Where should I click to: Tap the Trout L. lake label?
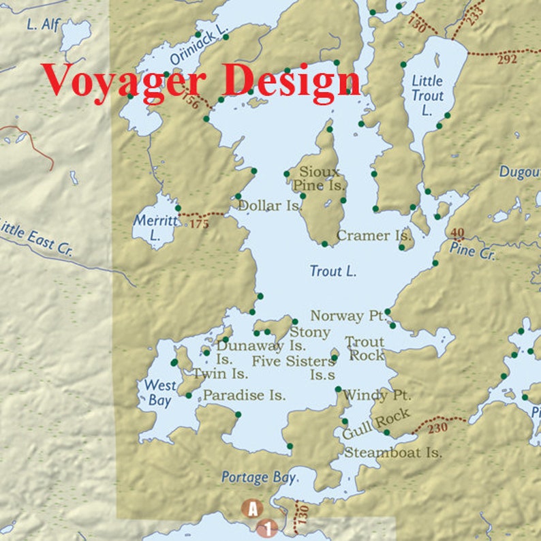[x=333, y=271]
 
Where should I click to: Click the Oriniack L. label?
[x=198, y=48]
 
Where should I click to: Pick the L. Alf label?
[x=43, y=25]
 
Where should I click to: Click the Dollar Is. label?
[x=270, y=205]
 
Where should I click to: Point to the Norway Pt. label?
[x=347, y=316]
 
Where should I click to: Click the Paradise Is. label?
[x=244, y=395]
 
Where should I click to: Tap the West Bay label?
[x=159, y=393]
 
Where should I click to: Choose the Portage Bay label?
[x=258, y=478]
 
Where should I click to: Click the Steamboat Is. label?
[x=393, y=452]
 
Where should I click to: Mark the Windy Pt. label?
[x=375, y=395]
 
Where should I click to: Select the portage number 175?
[x=199, y=223]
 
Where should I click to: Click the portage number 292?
[x=507, y=59]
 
